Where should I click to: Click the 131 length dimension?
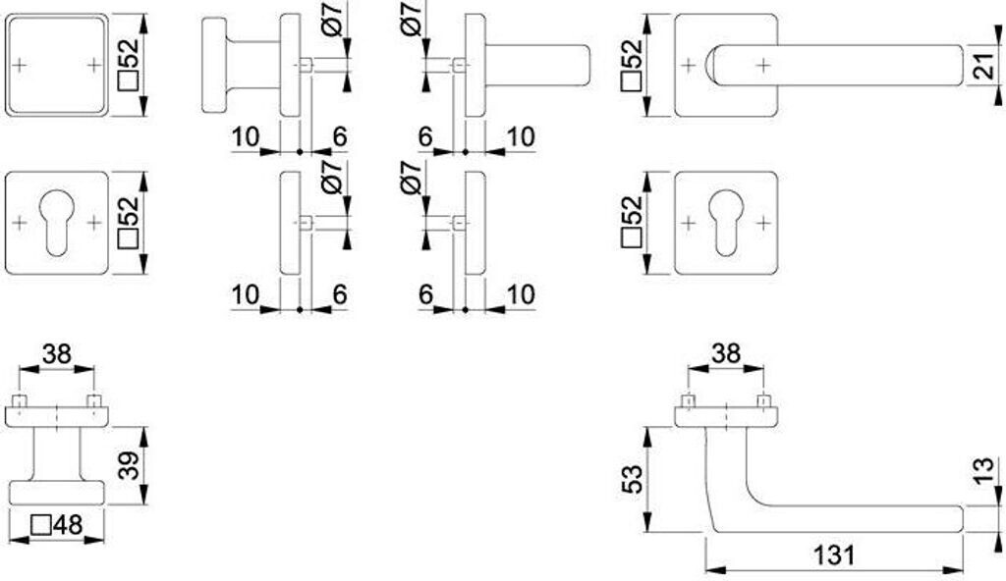pos(833,555)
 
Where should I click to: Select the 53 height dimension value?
pos(634,479)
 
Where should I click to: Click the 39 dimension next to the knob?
pos(128,465)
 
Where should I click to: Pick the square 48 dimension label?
pos(56,526)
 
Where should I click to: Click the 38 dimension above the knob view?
pos(57,353)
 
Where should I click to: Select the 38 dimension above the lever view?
pos(726,353)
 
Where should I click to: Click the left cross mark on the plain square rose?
pos(21,66)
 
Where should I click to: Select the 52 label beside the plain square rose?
pos(128,66)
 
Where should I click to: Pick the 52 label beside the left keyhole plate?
pos(128,224)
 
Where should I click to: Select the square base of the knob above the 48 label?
pos(57,492)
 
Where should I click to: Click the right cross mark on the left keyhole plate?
pos(93,223)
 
